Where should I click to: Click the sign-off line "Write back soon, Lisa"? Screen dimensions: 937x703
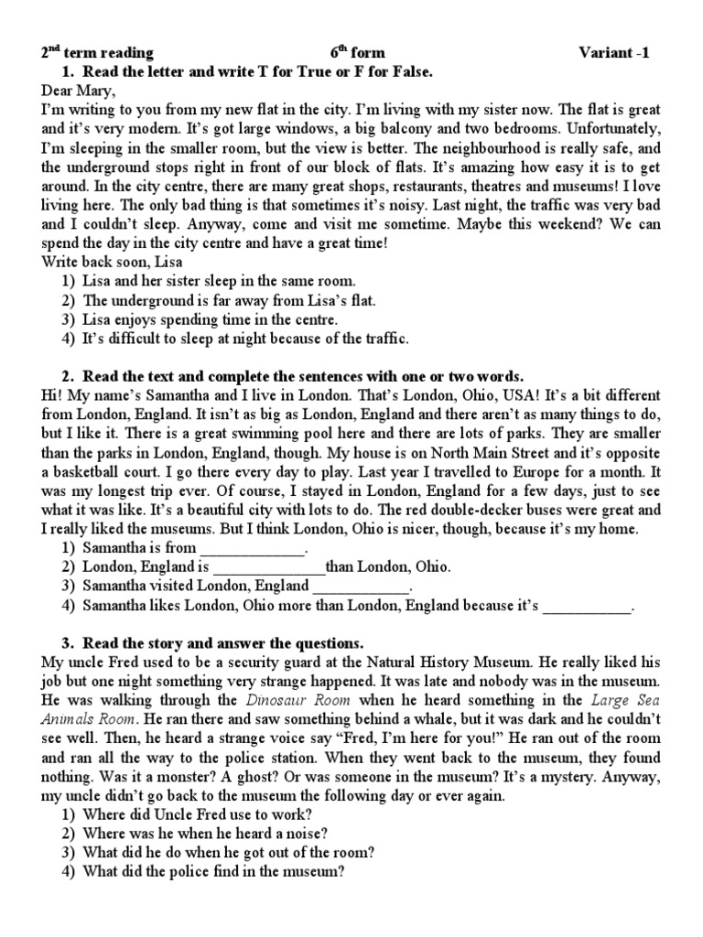pyautogui.click(x=113, y=263)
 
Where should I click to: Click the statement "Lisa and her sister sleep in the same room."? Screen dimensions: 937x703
pyautogui.click(x=218, y=282)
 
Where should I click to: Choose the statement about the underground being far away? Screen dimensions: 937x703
pyautogui.click(x=229, y=301)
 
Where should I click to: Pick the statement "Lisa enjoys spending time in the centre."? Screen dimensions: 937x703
pyautogui.click(x=210, y=320)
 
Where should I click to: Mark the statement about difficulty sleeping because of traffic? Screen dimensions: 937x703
pyautogui.click(x=244, y=339)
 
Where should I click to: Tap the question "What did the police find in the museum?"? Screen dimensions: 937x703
pyautogui.click(x=212, y=873)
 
